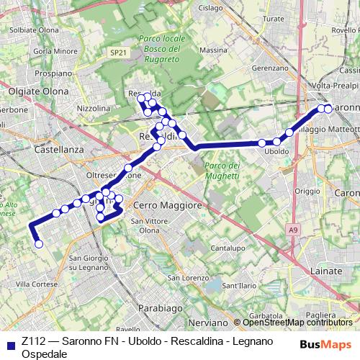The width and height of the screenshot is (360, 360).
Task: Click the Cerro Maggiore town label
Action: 167,205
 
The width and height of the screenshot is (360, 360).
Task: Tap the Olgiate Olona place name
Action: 40,91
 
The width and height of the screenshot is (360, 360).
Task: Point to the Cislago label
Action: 211,8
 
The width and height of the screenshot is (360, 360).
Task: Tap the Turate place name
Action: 274,19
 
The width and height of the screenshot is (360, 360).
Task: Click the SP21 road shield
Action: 119,53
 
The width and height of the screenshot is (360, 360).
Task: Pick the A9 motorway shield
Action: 292,230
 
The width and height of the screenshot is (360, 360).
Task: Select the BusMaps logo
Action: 325,343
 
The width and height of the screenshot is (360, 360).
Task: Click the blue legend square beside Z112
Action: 9,344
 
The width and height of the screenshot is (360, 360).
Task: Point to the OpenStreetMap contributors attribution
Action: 296,323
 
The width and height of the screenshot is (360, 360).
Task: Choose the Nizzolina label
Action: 93,108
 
